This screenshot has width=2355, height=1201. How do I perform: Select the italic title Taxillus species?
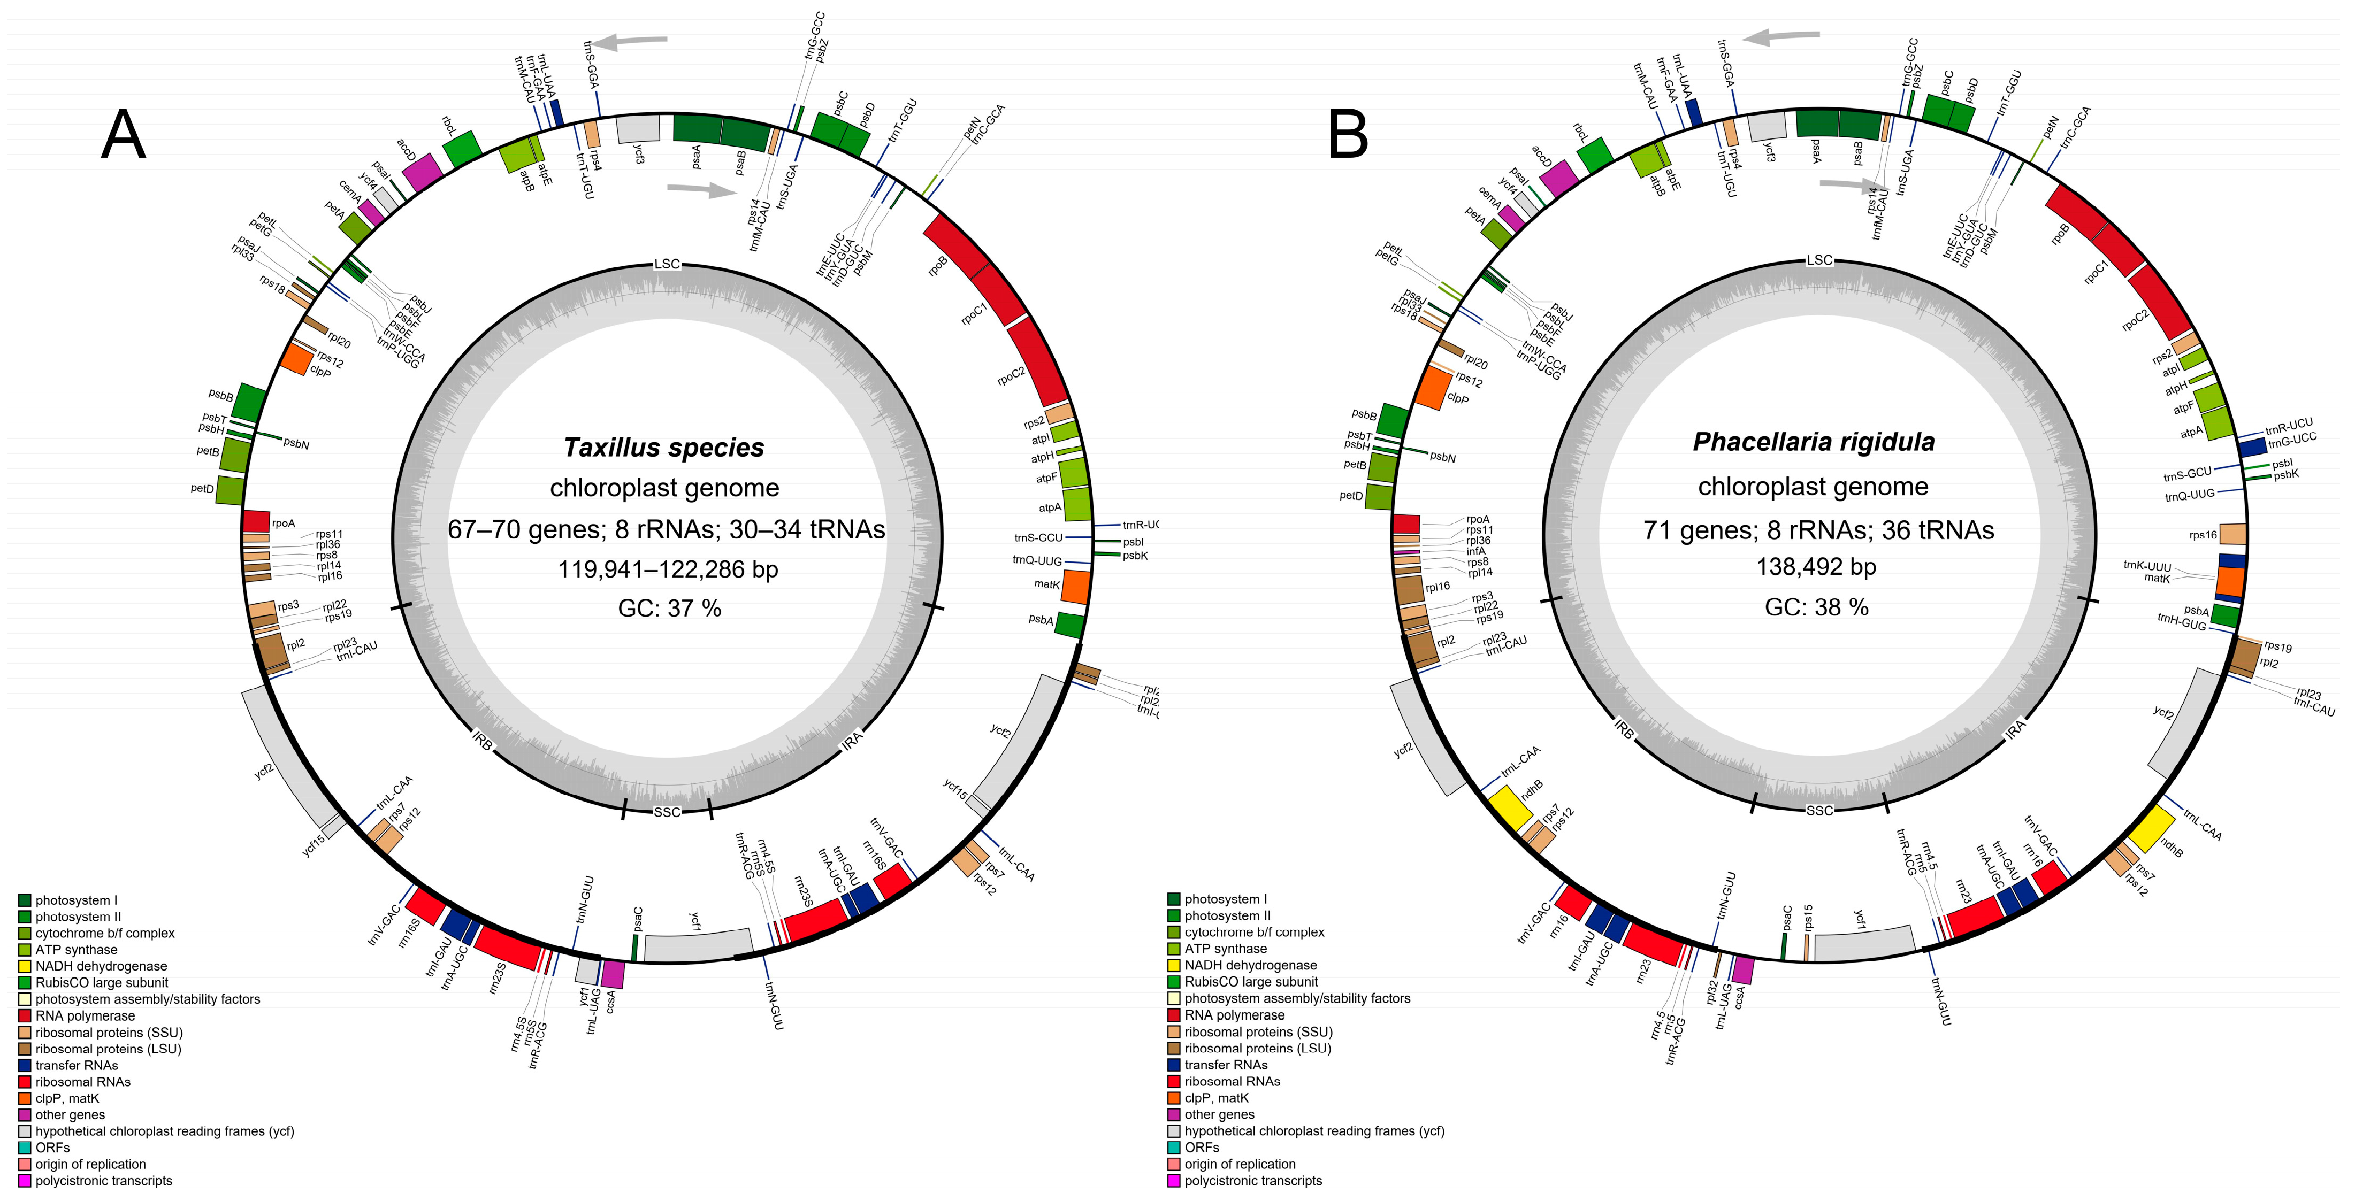coord(664,448)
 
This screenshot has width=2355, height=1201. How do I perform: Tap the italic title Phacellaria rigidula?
coord(1813,442)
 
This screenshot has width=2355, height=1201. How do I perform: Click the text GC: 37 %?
coord(669,608)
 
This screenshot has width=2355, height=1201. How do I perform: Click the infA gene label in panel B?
coord(1475,551)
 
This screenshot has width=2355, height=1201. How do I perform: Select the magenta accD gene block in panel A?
coord(422,172)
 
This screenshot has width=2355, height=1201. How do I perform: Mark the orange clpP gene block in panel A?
coord(295,357)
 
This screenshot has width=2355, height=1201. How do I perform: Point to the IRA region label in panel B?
coord(2015,728)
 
